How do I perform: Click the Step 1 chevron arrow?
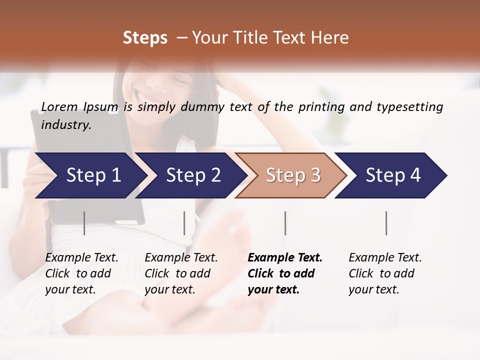(x=93, y=175)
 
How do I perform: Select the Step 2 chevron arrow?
(x=193, y=175)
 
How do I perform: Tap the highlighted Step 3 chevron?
(x=293, y=175)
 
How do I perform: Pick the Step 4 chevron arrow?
(x=393, y=175)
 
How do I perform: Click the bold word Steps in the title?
(x=145, y=37)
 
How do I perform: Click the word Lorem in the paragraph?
(x=59, y=106)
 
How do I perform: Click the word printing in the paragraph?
(x=320, y=106)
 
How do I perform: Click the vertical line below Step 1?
(x=84, y=223)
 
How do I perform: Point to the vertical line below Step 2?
(x=184, y=223)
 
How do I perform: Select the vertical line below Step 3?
(x=285, y=223)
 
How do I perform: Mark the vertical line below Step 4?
(x=386, y=223)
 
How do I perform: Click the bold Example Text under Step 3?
(x=285, y=258)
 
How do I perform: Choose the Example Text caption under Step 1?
(x=81, y=258)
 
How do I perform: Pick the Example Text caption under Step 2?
(x=181, y=258)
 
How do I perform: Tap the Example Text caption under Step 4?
(x=385, y=258)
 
